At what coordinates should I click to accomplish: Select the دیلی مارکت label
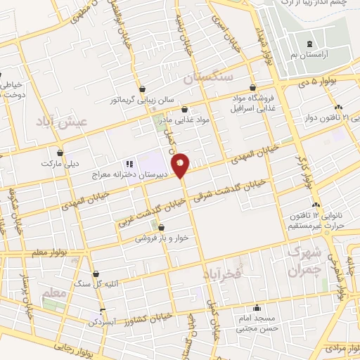(x=60, y=165)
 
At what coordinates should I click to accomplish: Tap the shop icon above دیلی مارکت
(x=60, y=153)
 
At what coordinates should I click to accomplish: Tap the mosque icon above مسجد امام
(x=257, y=307)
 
